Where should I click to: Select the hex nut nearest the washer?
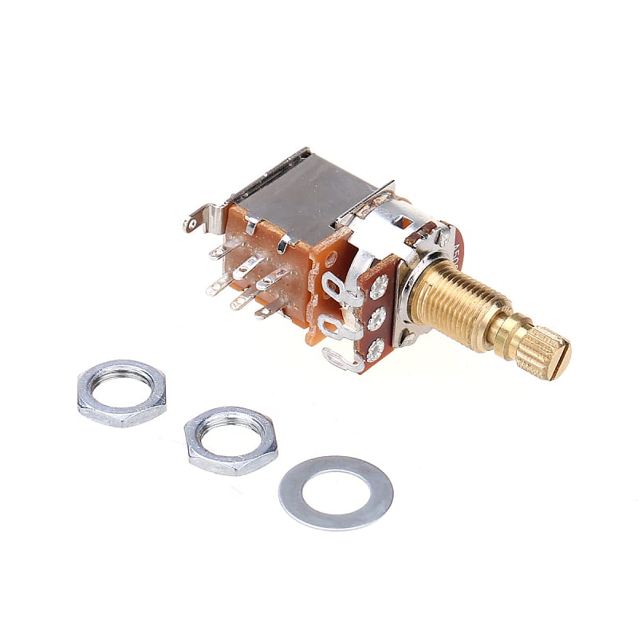(230, 440)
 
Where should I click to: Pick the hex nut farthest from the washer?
(121, 394)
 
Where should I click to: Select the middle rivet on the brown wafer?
(376, 318)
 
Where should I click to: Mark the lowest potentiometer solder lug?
(341, 360)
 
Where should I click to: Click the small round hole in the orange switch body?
(330, 258)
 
